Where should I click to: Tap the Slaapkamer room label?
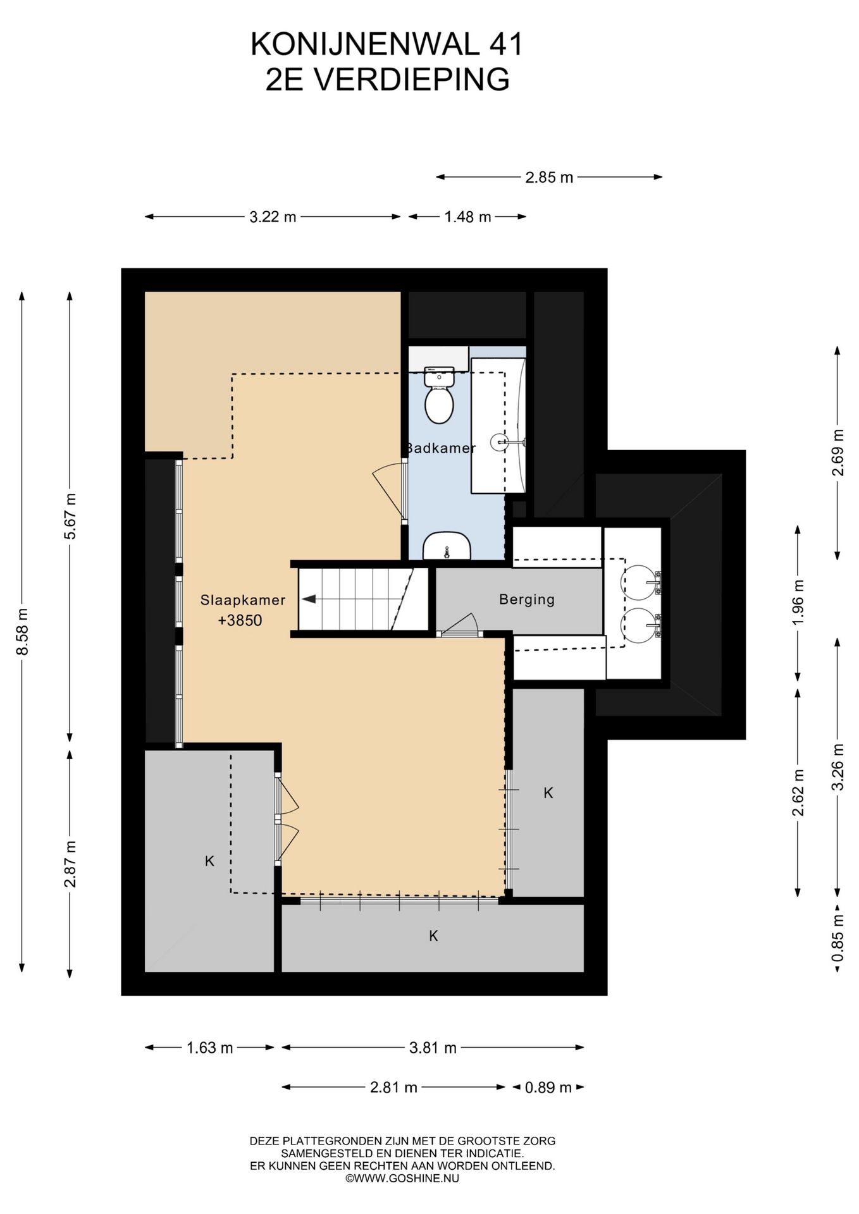(x=243, y=600)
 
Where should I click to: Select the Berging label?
(x=527, y=599)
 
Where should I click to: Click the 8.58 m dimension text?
(x=22, y=632)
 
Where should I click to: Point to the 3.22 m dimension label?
(x=273, y=217)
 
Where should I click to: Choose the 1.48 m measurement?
(x=467, y=217)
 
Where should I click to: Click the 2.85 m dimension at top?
(x=549, y=177)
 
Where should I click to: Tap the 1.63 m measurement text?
(x=210, y=1048)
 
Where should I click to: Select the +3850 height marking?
(x=240, y=620)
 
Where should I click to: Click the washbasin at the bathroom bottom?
(x=447, y=546)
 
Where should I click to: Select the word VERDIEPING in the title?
(x=412, y=80)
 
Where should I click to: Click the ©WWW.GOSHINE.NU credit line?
(x=402, y=1178)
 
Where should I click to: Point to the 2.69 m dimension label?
(x=838, y=453)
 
